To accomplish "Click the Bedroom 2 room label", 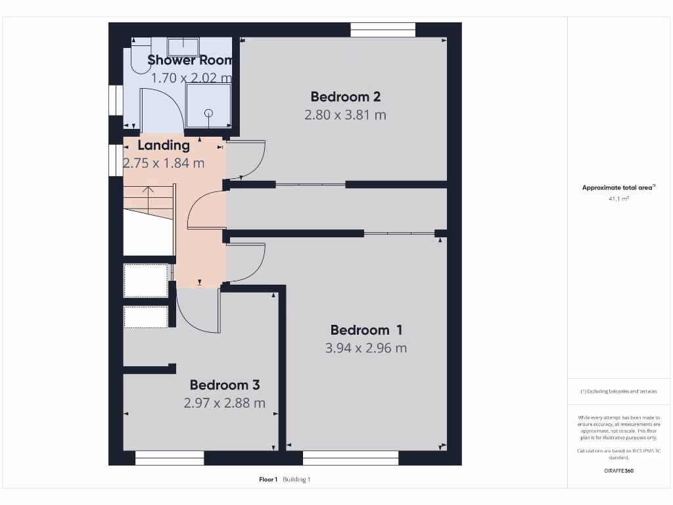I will coord(345,97).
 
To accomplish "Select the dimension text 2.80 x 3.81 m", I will coord(345,115).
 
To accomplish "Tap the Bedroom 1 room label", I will coord(366,330).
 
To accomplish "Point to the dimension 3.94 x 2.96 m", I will coord(366,349).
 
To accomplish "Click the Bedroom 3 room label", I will coord(225,385).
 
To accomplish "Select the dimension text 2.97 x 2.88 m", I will coord(225,403).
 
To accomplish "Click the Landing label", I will coord(164,145).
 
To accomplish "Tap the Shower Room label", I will coord(190,60).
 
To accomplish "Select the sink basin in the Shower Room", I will coord(183,47).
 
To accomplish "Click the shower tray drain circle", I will coord(209,112).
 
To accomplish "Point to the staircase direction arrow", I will coord(149,198).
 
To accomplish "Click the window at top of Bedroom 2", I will coord(383,30).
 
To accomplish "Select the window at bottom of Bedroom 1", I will coord(350,458).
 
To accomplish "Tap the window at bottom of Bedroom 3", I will coord(170,458).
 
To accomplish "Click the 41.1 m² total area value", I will coord(618,198).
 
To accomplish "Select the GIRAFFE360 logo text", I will coord(618,471).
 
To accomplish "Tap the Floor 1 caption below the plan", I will coord(268,479).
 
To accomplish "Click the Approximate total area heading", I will coord(618,187).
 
